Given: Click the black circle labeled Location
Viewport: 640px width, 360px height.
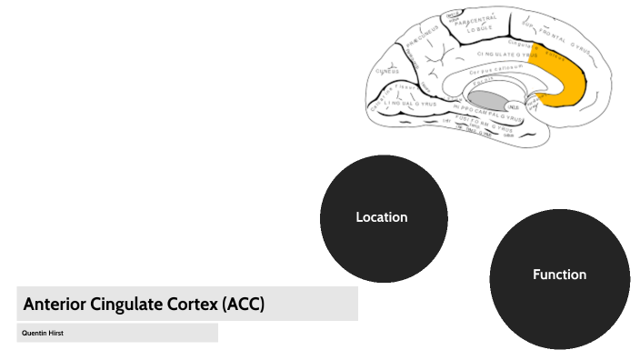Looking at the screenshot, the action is click(383, 218).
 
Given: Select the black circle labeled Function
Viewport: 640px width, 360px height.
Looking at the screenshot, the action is click(559, 275).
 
